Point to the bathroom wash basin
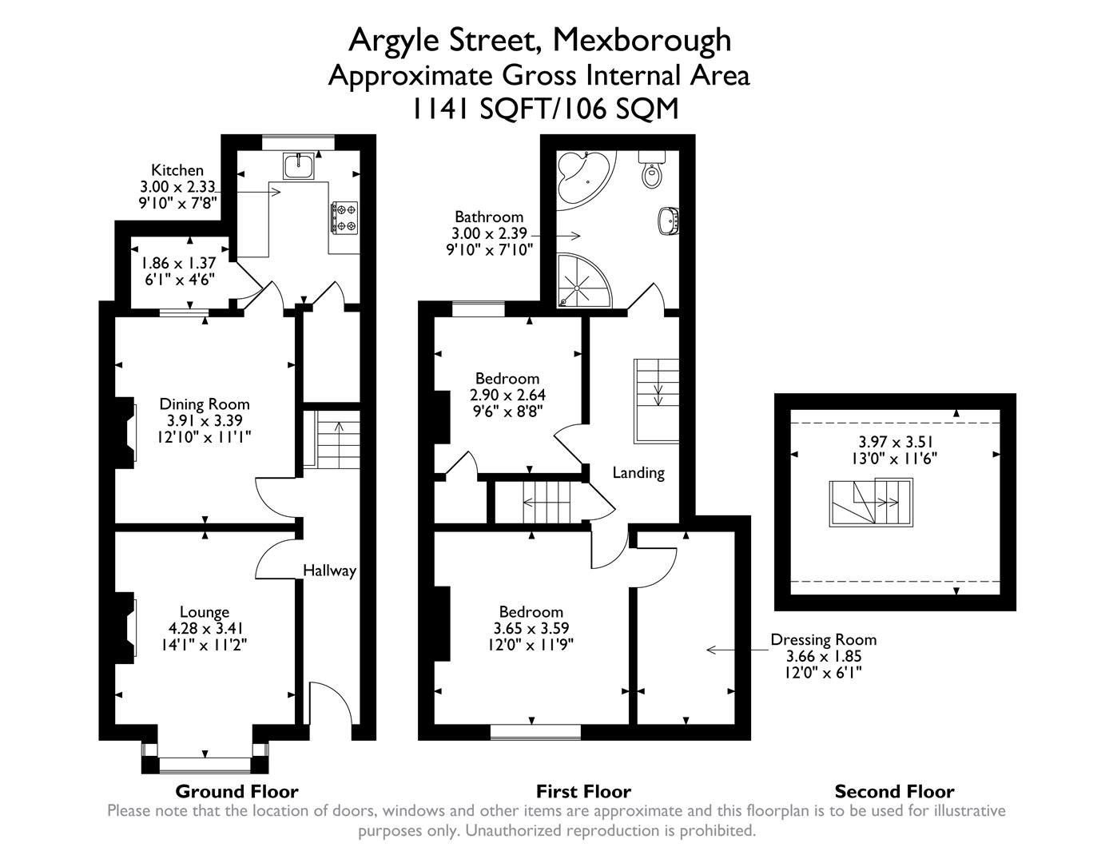pos(669,219)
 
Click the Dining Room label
pos(205,404)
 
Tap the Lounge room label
pos(205,612)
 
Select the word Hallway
pos(329,571)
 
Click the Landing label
pos(638,472)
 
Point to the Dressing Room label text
pos(823,639)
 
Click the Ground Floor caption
pos(237,791)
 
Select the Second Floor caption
pos(894,791)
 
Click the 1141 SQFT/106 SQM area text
pos(545,108)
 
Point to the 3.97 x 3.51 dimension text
pos(895,441)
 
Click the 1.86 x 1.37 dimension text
pos(179,263)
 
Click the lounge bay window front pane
pos(205,765)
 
